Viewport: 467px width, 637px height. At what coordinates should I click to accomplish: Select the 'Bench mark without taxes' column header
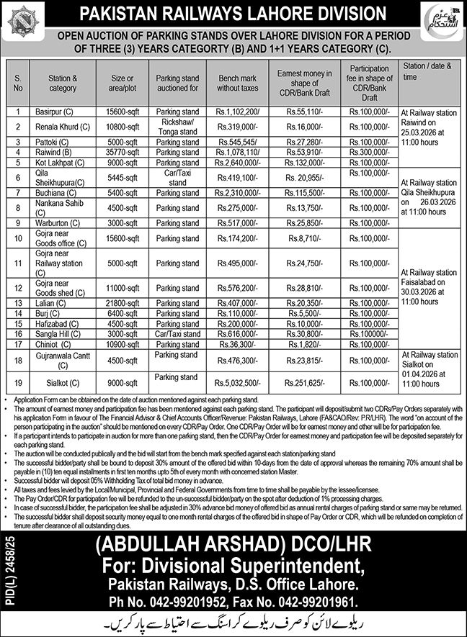(x=238, y=79)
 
